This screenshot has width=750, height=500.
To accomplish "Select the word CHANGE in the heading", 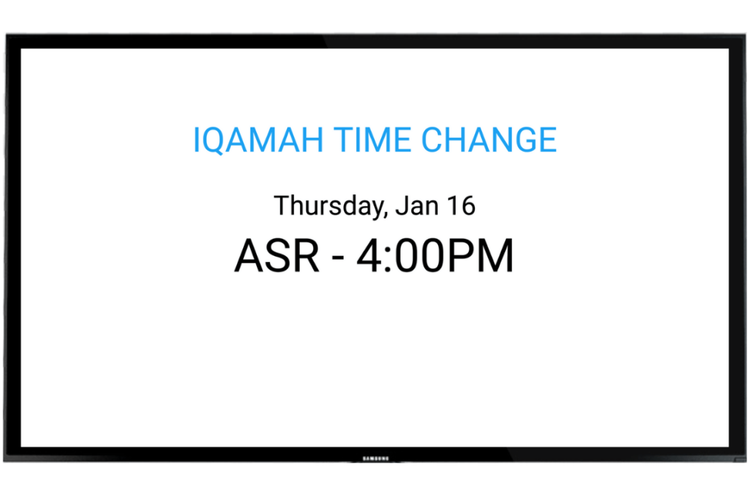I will click(489, 140).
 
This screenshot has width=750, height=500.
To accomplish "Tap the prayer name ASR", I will click(276, 256).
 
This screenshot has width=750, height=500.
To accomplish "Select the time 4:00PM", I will click(435, 256).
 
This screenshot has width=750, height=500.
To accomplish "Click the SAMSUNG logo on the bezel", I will click(375, 458).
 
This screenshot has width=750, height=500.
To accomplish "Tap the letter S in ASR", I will click(276, 256).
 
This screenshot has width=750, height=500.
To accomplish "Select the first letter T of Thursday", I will click(282, 206).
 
